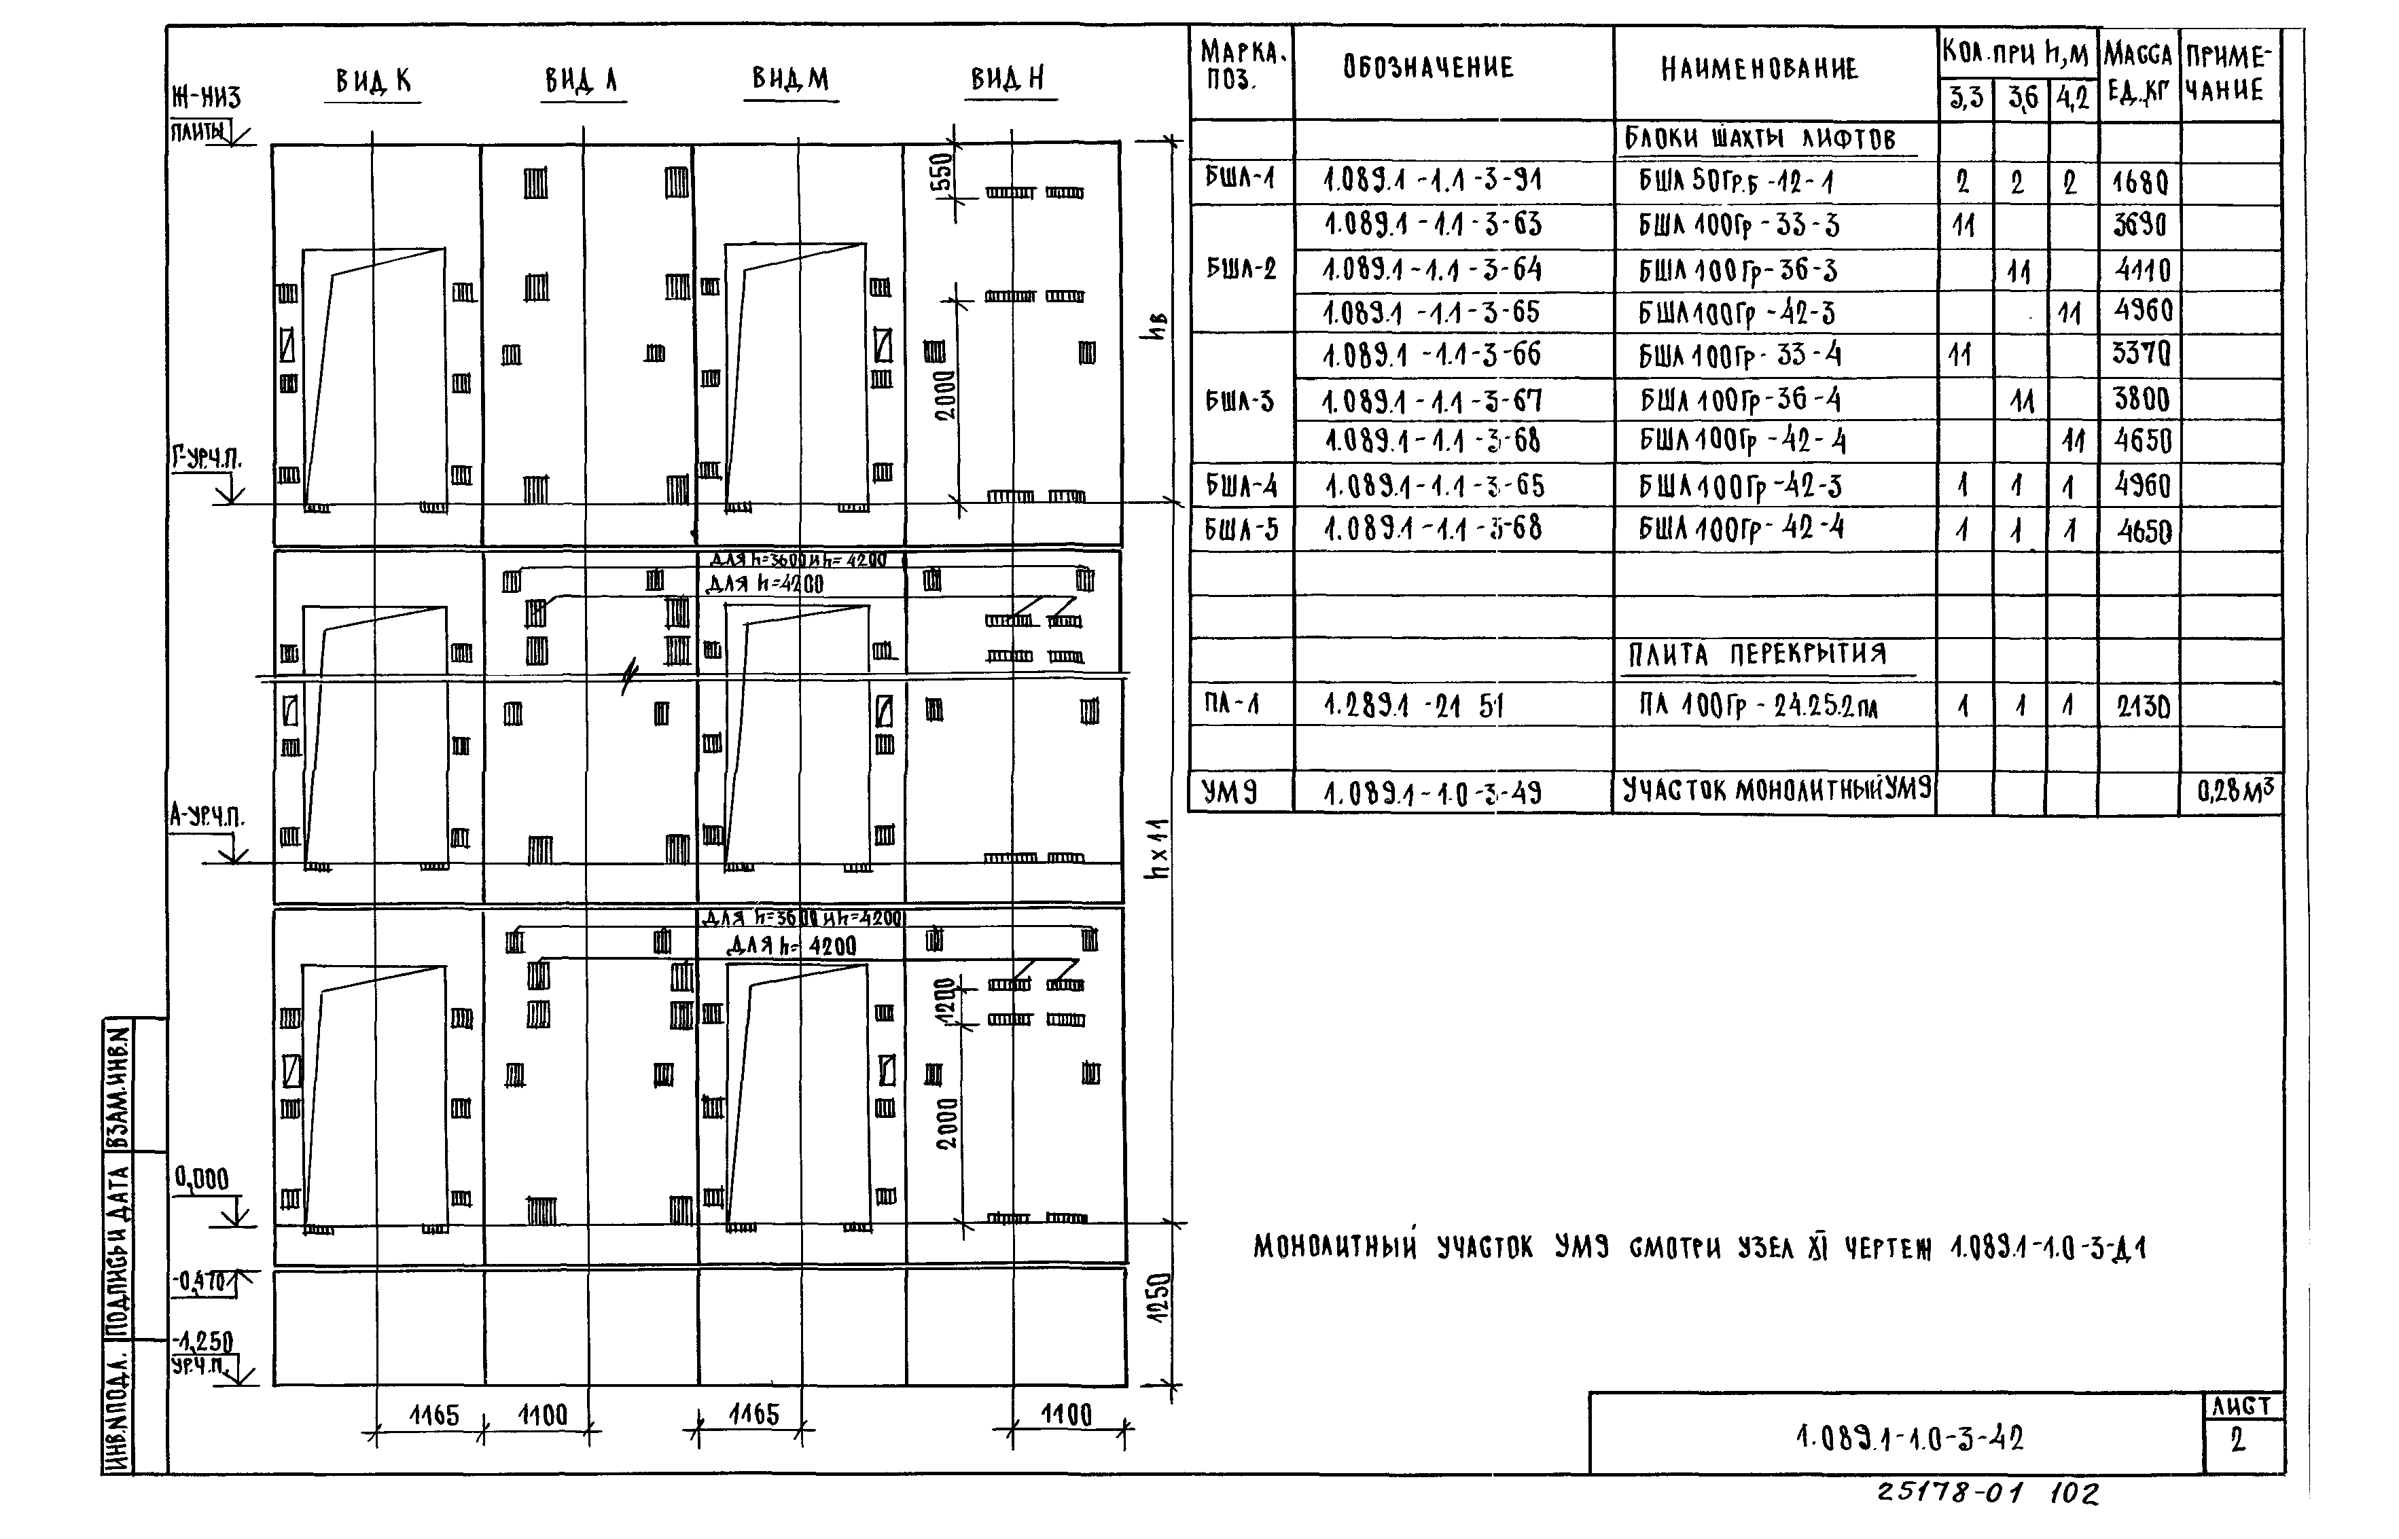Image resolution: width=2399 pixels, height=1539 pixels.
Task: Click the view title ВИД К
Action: [x=373, y=81]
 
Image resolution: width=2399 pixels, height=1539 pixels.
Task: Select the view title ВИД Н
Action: [x=1008, y=79]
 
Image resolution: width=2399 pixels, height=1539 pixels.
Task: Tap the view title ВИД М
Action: [x=789, y=79]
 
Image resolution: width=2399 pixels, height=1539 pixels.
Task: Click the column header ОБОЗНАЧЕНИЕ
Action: [x=1427, y=68]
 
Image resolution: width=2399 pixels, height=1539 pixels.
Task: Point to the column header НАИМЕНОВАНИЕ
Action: [x=1759, y=69]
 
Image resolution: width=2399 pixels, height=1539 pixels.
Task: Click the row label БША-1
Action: [x=1239, y=179]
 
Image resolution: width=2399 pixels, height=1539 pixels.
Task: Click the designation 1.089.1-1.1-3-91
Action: [x=1432, y=181]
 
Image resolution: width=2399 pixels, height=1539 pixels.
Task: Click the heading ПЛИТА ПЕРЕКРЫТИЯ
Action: [x=1757, y=655]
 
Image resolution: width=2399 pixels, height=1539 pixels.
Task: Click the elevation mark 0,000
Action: [x=202, y=1179]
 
